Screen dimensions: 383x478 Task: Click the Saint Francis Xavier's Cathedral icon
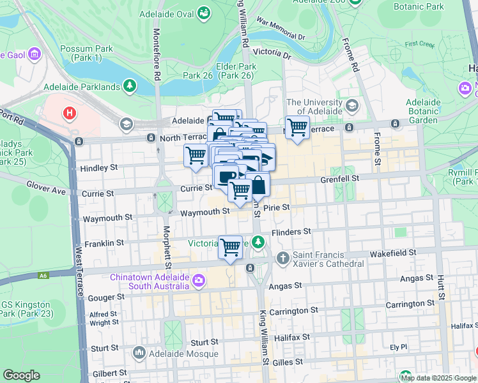tap(283, 258)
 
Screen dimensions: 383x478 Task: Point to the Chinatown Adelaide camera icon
tap(198, 280)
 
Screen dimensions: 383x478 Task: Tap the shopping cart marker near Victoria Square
tap(230, 247)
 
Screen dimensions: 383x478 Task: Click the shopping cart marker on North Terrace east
tap(297, 127)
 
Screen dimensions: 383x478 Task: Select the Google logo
tap(22, 375)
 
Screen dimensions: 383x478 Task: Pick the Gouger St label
tap(107, 297)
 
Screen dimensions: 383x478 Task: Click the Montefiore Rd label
tap(156, 54)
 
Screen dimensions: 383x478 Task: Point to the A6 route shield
tap(43, 275)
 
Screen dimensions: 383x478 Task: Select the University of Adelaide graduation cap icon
tap(351, 105)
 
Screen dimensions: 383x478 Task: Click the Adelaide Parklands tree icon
tap(130, 86)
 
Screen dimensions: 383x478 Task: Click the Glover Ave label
tap(47, 186)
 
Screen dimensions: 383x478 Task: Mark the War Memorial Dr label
tap(281, 29)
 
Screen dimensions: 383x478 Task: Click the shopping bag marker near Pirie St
tap(258, 185)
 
